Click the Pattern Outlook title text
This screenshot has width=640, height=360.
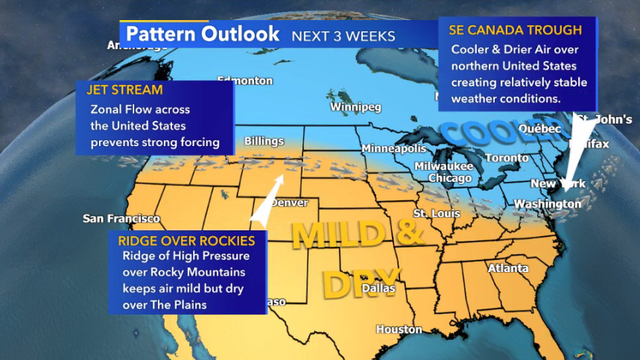(202, 33)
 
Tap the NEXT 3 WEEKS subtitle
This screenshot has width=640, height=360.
(342, 36)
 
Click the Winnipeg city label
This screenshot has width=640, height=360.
(359, 106)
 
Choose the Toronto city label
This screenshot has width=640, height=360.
(506, 158)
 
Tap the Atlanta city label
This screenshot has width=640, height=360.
(507, 268)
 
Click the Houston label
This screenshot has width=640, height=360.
(399, 329)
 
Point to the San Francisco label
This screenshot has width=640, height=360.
(121, 218)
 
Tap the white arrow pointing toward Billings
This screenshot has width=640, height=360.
(266, 204)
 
